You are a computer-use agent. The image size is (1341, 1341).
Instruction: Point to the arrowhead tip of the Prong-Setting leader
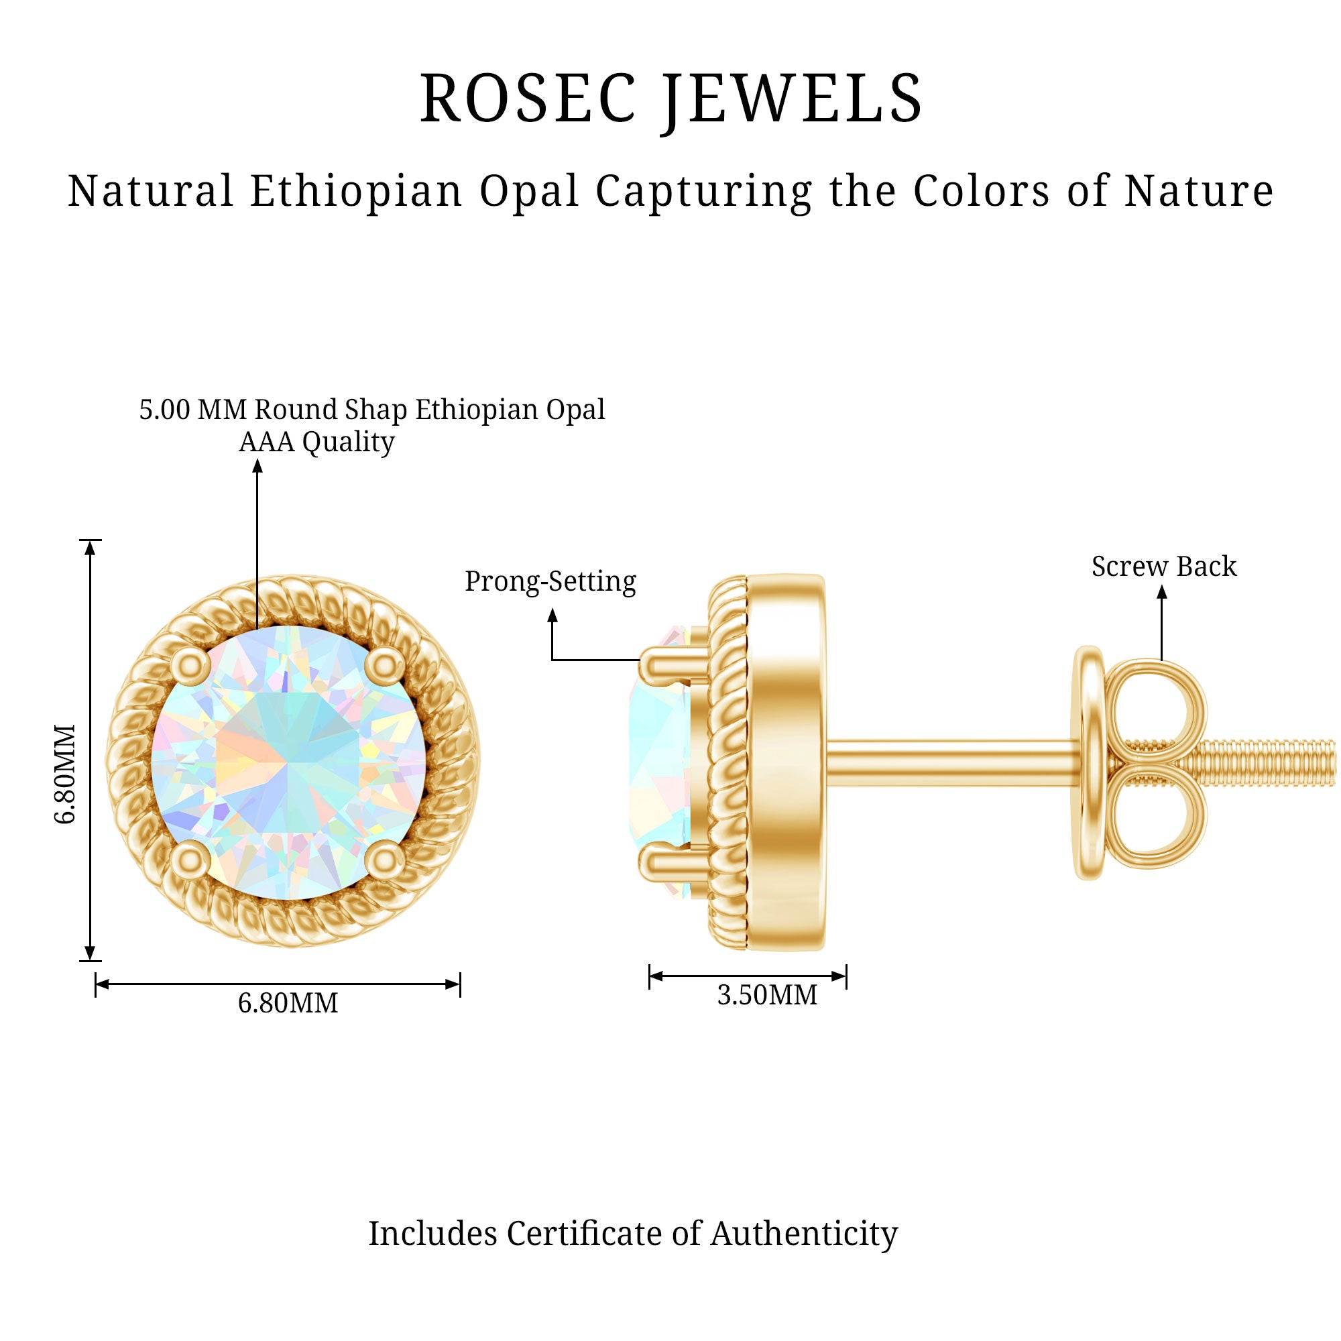[x=552, y=609]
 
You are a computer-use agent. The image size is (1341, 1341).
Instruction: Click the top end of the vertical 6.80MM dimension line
[x=90, y=540]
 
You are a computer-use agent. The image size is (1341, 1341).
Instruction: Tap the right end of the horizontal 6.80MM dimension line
[x=460, y=984]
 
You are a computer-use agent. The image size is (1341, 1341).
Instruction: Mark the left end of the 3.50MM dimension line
[x=649, y=976]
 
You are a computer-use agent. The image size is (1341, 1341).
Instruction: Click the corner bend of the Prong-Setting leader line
[x=552, y=659]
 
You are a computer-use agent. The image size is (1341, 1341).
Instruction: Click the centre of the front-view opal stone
[x=289, y=763]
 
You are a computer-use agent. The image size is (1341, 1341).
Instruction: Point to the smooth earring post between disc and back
[x=954, y=764]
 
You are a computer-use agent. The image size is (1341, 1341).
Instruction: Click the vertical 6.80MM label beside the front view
[x=64, y=774]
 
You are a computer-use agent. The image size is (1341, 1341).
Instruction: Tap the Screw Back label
[x=1164, y=567]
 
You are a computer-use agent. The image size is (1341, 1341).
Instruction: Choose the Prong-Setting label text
[x=550, y=581]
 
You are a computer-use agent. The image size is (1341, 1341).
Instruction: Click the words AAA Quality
[x=316, y=442]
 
